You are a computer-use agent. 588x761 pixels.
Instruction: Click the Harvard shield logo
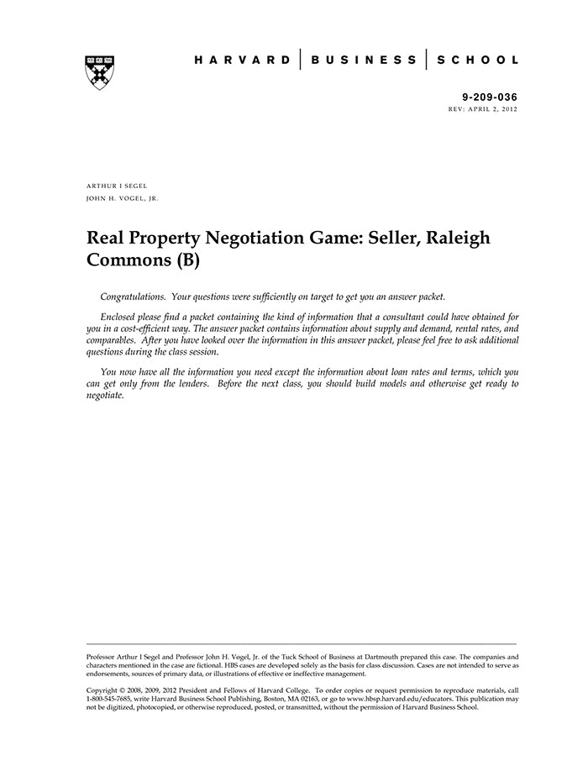(100, 72)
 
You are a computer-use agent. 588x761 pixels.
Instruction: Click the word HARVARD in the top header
(242, 60)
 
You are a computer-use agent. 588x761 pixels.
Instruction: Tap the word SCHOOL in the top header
(480, 60)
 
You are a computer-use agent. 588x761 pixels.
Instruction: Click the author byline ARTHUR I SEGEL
(117, 185)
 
